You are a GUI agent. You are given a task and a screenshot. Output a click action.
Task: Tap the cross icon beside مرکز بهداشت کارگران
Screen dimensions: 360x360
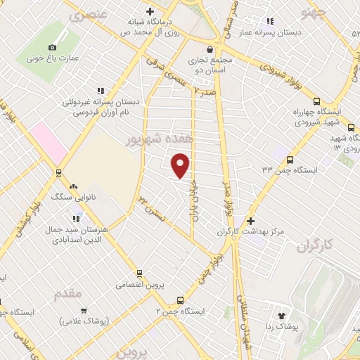coord(251,221)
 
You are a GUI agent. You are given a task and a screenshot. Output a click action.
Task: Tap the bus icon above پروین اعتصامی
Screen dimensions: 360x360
coord(140,273)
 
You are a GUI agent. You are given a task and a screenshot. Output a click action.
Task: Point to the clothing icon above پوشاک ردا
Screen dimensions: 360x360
coord(283,315)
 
